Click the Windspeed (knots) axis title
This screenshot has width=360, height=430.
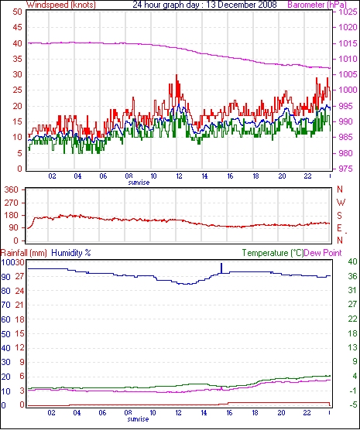[x=61, y=5]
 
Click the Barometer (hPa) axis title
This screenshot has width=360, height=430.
[x=317, y=5]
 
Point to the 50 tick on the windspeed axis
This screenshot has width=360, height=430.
[x=17, y=12]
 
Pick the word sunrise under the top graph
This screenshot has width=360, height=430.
[x=139, y=183]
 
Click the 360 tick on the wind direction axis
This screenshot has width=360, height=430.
[x=12, y=189]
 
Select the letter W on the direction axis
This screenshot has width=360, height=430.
[x=341, y=203]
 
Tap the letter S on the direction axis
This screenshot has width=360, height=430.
[x=340, y=216]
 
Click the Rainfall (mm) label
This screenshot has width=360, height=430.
[x=24, y=253]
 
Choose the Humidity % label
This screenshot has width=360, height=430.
[x=71, y=253]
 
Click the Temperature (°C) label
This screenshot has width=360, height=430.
[x=273, y=253]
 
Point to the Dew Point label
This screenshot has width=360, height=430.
[x=323, y=253]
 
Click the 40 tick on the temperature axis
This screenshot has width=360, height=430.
[x=352, y=261]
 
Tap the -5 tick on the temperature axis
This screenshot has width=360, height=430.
[x=352, y=404]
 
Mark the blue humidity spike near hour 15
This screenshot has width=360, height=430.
[x=221, y=268]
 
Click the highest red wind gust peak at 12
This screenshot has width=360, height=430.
[x=177, y=75]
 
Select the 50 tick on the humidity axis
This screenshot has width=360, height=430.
[x=5, y=334]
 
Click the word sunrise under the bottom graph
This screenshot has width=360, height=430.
[x=138, y=419]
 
